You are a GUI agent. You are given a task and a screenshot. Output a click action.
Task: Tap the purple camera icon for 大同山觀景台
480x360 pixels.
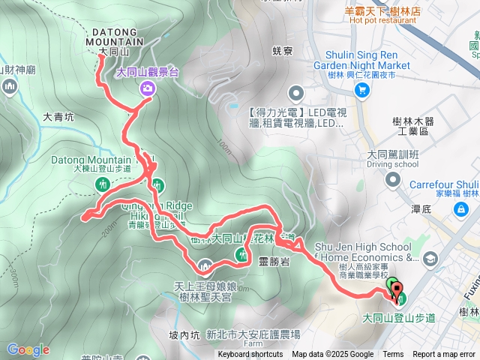tap(147, 89)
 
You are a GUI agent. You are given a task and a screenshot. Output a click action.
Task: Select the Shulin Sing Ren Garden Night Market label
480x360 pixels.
tap(368, 65)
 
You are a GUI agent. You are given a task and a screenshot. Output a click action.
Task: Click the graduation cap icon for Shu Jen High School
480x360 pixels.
tap(430, 259)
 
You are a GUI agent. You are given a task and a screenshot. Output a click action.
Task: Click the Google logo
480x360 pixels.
tap(28, 349)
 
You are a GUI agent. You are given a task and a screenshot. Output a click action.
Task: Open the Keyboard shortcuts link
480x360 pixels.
tap(250, 355)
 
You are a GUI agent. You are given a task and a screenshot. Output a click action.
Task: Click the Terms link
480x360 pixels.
tap(393, 355)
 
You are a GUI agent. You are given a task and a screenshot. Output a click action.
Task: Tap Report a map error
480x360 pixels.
tap(444, 355)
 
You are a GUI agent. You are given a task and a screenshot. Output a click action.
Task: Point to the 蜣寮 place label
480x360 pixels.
tap(282, 52)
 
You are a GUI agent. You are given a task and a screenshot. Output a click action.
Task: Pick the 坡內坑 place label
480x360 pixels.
tap(183, 313)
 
